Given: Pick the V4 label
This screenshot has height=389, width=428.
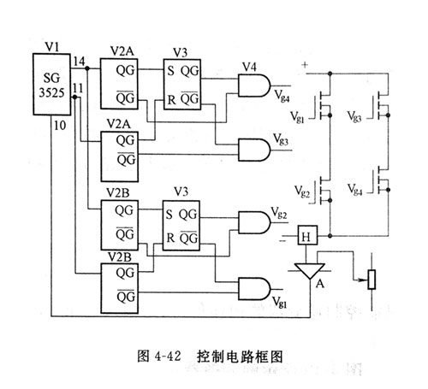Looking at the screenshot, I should point(250,65).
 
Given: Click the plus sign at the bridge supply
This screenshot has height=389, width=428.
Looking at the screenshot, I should point(305,65).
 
